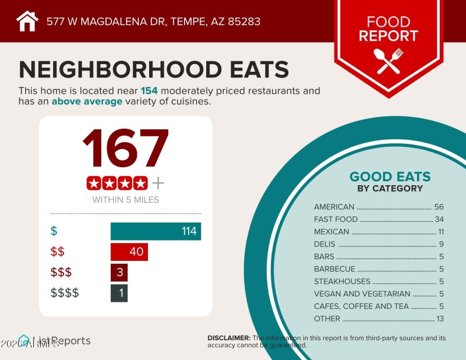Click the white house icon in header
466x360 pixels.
point(27,22)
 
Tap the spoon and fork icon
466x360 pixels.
point(389,60)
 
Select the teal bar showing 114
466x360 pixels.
point(156,231)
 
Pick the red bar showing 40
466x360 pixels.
point(129,252)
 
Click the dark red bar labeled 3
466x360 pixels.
point(119,273)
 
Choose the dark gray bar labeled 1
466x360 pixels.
point(119,292)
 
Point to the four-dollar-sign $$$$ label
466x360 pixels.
point(64,293)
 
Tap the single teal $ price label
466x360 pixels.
point(54,231)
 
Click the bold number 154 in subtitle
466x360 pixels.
point(149,91)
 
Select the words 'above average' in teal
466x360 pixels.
point(87,101)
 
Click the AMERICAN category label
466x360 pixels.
point(334,207)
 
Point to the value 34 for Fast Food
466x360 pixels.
point(439,220)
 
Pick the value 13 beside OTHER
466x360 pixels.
point(440,319)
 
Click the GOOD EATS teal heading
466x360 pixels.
point(390,177)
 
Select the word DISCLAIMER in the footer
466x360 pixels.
point(229,338)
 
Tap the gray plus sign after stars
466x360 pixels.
point(158,183)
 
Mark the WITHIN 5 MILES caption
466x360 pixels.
point(125,200)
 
